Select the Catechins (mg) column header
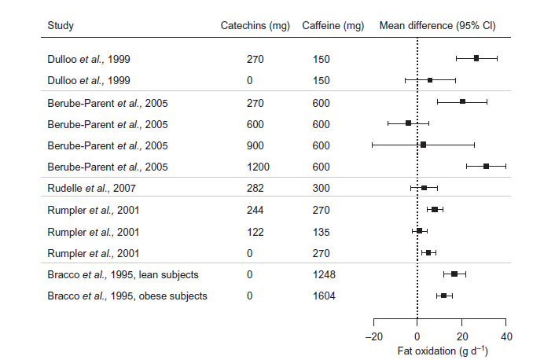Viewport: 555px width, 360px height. (255, 25)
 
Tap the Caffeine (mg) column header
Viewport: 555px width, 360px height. (333, 25)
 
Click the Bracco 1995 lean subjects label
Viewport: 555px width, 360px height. (123, 274)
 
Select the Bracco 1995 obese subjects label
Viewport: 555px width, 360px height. (127, 296)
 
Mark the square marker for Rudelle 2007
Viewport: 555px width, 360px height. (424, 189)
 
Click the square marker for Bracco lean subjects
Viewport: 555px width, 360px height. (454, 274)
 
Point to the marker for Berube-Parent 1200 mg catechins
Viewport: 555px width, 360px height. (487, 167)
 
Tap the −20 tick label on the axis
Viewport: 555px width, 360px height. (373, 336)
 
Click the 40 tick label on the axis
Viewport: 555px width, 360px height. (506, 336)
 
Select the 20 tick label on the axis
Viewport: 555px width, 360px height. (462, 336)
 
